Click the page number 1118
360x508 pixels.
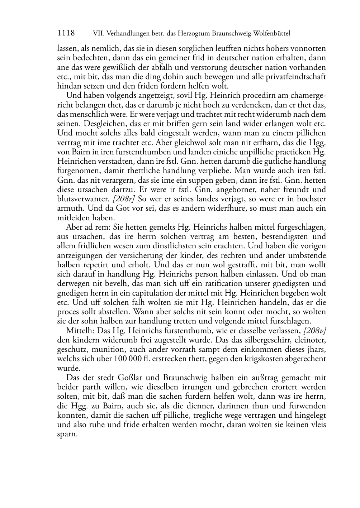click(66, 33)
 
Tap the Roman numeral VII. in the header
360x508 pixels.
click(98, 34)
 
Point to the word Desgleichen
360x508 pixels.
click(77, 124)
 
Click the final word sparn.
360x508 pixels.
click(67, 434)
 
